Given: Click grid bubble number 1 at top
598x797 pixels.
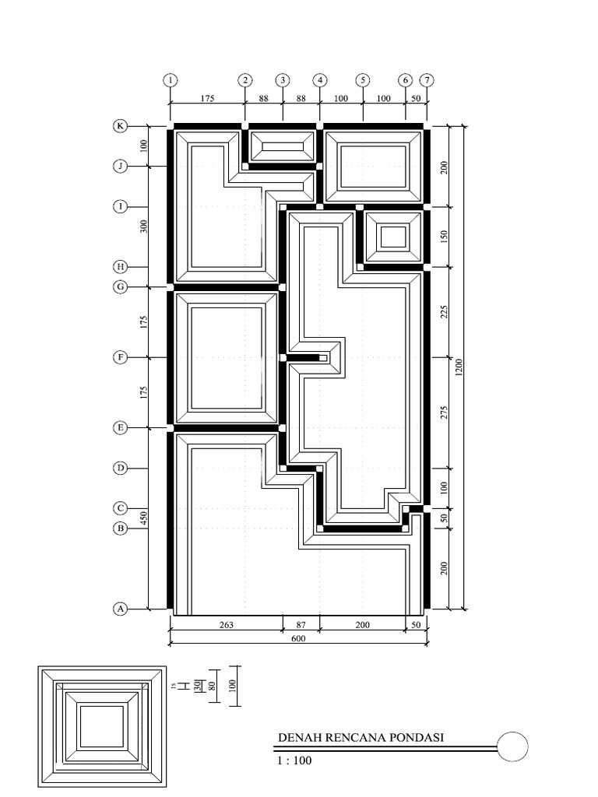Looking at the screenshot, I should pyautogui.click(x=171, y=80).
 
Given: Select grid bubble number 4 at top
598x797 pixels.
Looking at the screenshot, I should pyautogui.click(x=320, y=80).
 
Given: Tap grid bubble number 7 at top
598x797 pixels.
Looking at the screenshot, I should pyautogui.click(x=427, y=80).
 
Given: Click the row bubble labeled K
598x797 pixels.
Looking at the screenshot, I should pyautogui.click(x=121, y=126).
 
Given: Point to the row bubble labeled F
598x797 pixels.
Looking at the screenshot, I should pyautogui.click(x=121, y=357).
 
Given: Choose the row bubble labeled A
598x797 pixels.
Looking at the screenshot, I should pyautogui.click(x=121, y=609).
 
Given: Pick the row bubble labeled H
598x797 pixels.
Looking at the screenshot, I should pyautogui.click(x=121, y=266).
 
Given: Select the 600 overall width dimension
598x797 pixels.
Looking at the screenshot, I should pyautogui.click(x=298, y=639).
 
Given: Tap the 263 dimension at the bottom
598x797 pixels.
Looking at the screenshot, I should pyautogui.click(x=226, y=624).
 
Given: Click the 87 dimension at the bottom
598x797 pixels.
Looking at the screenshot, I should pyautogui.click(x=301, y=624).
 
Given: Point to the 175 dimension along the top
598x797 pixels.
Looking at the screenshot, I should pyautogui.click(x=207, y=98).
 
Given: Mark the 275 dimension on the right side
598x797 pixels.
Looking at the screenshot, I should pyautogui.click(x=445, y=413).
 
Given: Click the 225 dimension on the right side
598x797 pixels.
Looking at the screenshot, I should pyautogui.click(x=445, y=312).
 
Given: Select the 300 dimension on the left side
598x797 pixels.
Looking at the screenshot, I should pyautogui.click(x=143, y=226).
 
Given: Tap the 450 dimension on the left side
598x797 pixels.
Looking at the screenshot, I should pyautogui.click(x=143, y=518).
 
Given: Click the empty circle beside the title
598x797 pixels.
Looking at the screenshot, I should pyautogui.click(x=512, y=747).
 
